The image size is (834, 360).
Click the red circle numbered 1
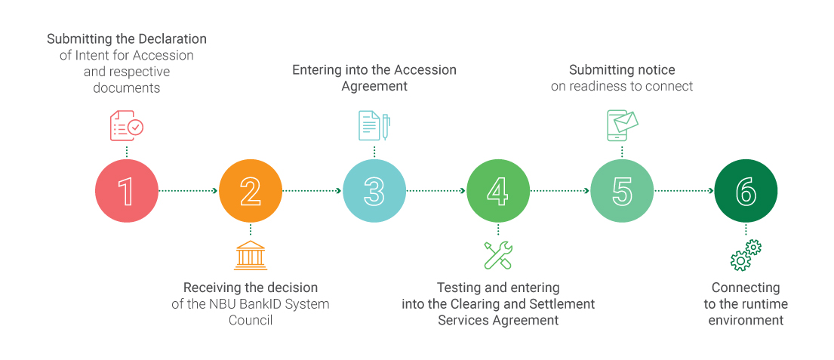(127, 191)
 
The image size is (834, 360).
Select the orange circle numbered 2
(251, 191)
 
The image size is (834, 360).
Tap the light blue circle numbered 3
(374, 191)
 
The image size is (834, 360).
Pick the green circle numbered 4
(498, 191)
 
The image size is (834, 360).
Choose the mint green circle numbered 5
(622, 191)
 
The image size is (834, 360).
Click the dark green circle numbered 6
(746, 191)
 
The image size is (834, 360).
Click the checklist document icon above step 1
(126, 126)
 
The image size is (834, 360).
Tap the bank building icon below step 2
(251, 256)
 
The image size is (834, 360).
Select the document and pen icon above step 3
(374, 126)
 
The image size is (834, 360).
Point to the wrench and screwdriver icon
(498, 256)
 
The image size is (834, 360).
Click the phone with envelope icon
(622, 125)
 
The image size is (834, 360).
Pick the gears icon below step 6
(746, 256)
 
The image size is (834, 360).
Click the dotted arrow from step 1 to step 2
(189, 191)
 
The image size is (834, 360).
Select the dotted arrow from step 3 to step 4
(436, 191)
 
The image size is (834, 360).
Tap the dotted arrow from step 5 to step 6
(684, 191)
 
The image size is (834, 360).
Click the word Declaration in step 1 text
(171, 38)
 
